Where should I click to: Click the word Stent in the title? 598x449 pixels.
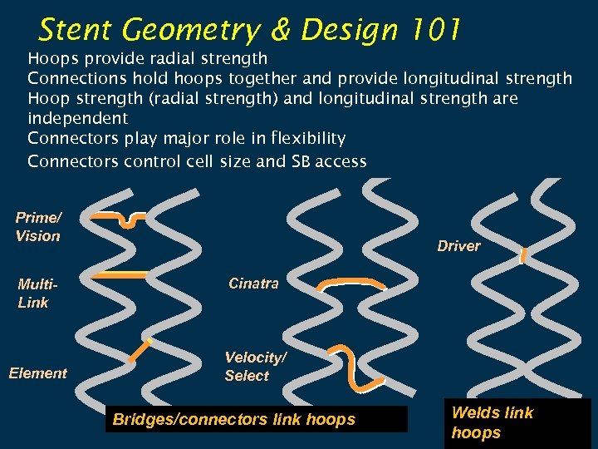(75, 31)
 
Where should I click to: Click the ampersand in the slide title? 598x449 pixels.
(282, 31)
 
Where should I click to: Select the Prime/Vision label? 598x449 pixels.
(38, 227)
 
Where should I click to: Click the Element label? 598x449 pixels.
(37, 373)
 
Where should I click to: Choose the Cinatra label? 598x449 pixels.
(253, 284)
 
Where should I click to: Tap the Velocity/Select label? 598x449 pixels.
(255, 367)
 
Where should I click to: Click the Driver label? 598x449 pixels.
(458, 246)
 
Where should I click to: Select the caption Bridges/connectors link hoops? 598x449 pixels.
(233, 420)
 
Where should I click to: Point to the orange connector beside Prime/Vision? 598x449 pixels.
(119, 217)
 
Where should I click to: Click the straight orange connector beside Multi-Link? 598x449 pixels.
(119, 274)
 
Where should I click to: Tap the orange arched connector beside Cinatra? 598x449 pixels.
(352, 284)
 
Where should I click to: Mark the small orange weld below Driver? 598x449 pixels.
(523, 256)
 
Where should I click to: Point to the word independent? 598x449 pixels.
(77, 119)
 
